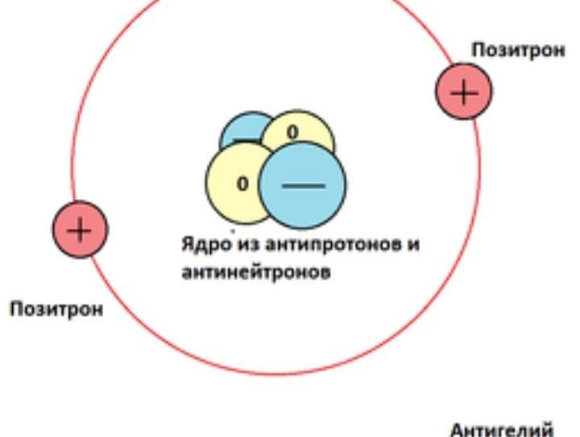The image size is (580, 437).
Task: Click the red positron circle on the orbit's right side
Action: (464, 92)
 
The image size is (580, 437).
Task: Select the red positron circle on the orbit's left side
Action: (80, 230)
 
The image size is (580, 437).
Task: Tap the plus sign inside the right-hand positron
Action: (464, 92)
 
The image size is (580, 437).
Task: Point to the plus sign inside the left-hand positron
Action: (80, 230)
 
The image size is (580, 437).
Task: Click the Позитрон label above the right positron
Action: (518, 50)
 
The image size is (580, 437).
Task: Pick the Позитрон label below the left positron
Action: (56, 310)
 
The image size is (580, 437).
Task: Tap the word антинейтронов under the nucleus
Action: (255, 273)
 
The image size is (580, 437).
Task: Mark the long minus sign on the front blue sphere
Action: (304, 185)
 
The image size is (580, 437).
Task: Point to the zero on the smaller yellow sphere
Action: (292, 131)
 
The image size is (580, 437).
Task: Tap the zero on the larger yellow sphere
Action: (242, 184)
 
